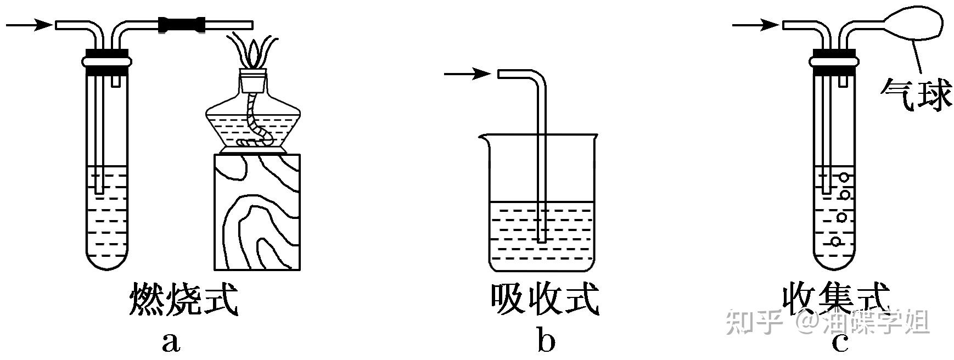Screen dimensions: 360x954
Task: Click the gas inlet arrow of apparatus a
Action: pos(29,24)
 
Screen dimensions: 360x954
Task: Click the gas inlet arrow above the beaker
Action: pos(467,74)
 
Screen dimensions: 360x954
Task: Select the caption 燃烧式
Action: pos(184,300)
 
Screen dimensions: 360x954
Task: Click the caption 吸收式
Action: pos(545,300)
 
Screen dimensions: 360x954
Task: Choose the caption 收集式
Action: pos(835,300)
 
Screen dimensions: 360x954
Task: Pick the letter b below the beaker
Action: pos(546,341)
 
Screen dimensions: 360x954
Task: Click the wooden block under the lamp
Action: pos(257,212)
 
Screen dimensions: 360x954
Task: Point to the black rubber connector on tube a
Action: pos(182,25)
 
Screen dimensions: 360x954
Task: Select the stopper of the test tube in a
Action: pos(106,60)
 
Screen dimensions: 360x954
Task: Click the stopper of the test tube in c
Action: pos(834,60)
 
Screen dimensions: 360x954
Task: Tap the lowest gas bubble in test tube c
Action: pos(835,241)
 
